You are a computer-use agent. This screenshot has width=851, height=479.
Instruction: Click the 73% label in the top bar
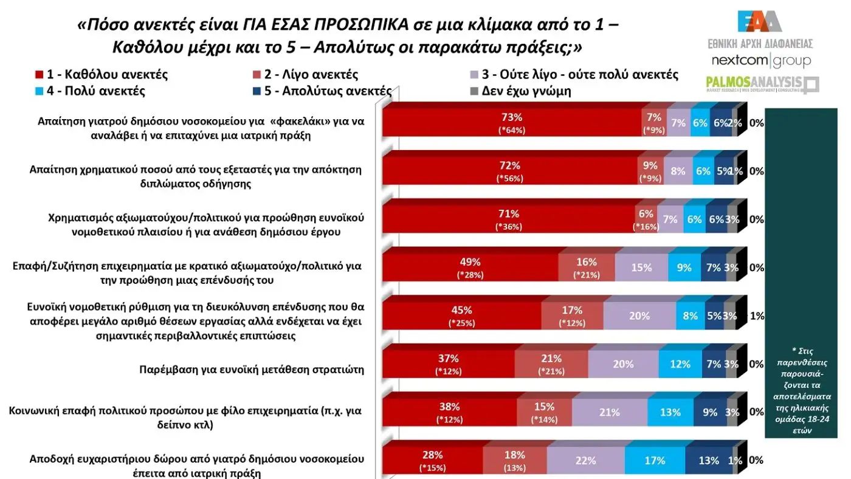coord(511,117)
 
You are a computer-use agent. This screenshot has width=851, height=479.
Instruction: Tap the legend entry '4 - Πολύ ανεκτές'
coord(90,92)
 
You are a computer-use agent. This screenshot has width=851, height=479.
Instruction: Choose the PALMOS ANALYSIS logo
coord(762,84)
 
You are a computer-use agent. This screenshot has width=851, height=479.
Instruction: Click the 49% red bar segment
coord(469,267)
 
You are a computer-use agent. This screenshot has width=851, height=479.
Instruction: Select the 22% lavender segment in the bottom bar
coord(585,461)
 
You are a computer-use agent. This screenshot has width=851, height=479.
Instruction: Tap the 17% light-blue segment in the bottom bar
coord(654,461)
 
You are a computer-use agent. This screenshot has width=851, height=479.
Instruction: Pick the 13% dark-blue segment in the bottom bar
coord(709,461)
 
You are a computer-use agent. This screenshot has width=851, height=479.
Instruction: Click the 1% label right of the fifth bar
coord(757,316)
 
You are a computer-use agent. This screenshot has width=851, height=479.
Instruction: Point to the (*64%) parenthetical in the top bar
coord(511,130)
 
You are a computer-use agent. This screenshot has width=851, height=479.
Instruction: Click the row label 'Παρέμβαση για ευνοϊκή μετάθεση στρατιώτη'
coord(252,369)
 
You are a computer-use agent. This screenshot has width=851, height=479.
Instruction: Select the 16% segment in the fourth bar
coord(586,267)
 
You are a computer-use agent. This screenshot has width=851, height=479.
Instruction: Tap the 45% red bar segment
coord(461,316)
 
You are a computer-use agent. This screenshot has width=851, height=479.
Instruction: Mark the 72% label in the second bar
coord(509,165)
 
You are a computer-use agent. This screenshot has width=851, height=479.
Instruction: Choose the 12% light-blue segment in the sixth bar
coord(680,364)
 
